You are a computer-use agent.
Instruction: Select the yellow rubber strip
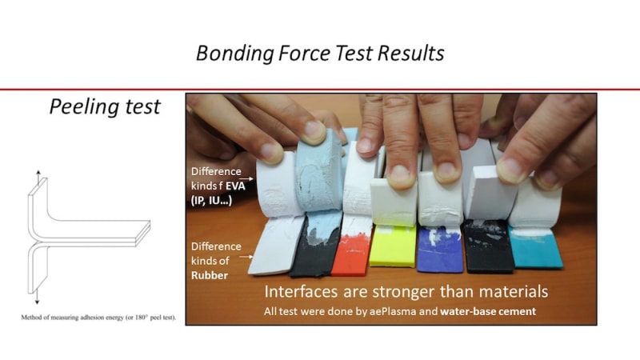[393, 246]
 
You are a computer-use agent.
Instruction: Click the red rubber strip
[352, 251]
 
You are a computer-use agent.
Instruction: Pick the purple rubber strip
[440, 249]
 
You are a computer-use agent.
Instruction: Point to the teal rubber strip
[536, 247]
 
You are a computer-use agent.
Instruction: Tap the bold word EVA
[235, 186]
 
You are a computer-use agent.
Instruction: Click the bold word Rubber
[210, 275]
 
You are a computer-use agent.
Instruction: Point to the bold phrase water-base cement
[488, 311]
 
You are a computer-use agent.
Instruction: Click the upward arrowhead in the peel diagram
[38, 173]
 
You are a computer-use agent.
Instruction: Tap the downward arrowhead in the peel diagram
[37, 302]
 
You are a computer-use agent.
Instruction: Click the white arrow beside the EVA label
[246, 178]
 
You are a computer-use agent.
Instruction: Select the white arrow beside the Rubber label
[246, 257]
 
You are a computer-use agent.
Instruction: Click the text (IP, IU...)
[211, 201]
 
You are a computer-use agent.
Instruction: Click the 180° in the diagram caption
[141, 317]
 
